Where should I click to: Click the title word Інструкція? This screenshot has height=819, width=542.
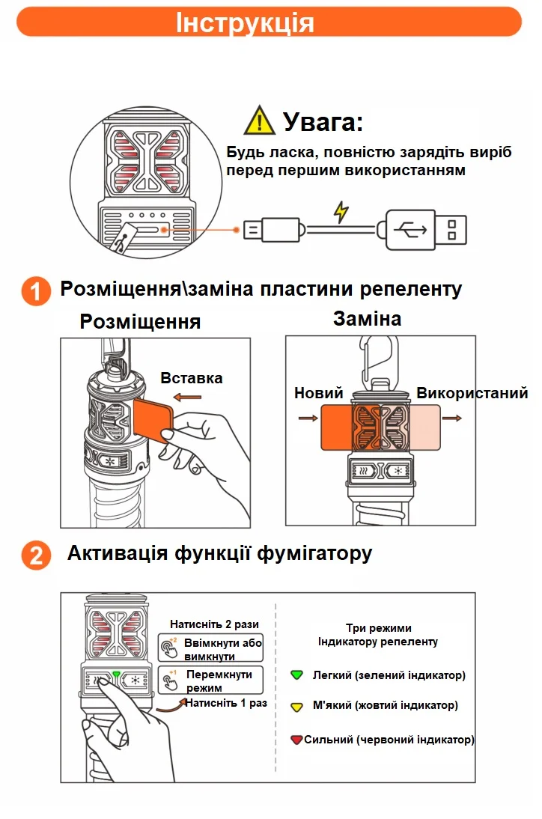[245, 22]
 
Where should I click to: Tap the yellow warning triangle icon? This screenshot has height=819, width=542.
[259, 121]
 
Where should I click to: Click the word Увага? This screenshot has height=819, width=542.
[323, 121]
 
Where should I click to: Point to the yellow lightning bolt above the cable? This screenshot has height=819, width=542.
[341, 212]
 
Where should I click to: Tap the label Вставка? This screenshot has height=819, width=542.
[192, 378]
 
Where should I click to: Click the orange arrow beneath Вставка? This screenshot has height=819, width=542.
[186, 396]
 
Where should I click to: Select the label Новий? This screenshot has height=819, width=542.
[318, 393]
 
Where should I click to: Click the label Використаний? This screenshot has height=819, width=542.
[472, 393]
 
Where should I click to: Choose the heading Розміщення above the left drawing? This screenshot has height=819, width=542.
[140, 321]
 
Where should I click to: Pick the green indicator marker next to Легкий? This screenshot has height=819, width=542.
[296, 675]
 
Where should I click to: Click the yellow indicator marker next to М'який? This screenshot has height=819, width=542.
[296, 705]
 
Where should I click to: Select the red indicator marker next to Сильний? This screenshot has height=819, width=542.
[296, 740]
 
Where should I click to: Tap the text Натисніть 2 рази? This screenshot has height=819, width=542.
[214, 624]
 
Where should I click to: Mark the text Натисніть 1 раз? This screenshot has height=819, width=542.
[226, 704]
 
